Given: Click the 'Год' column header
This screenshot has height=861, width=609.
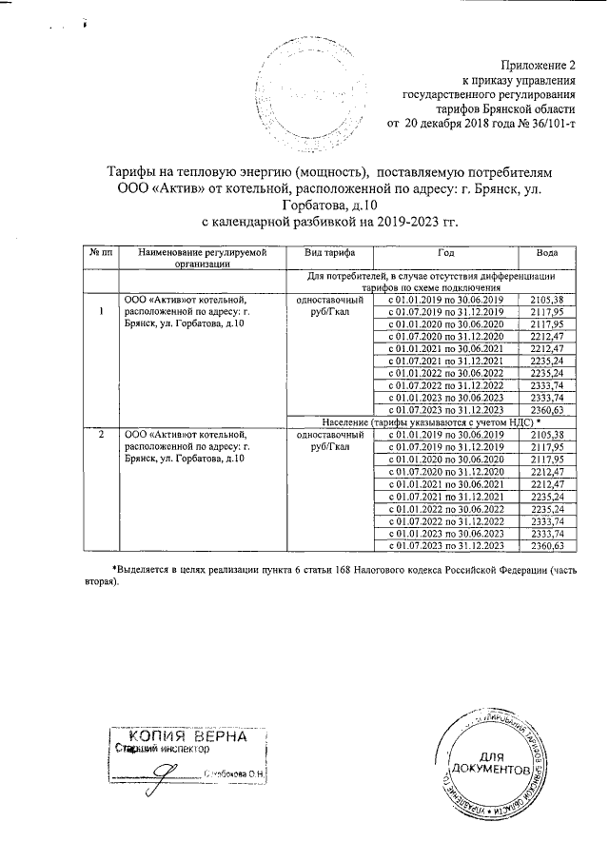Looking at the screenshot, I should click(446, 253).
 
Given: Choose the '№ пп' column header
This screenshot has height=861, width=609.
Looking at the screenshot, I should click(101, 253).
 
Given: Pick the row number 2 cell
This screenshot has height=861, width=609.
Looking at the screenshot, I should click(101, 434).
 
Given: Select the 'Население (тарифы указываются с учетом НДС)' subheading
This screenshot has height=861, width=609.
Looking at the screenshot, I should click(430, 421).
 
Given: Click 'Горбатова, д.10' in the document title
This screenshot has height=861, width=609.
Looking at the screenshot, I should click(329, 205).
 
